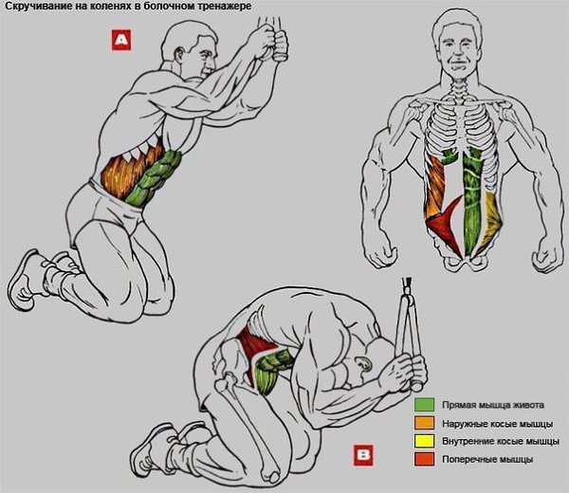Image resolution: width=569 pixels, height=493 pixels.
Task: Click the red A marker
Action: pos(121,40)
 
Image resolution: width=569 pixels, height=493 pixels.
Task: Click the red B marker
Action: pos(363,455)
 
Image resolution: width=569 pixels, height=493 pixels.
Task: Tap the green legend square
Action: pos(424,405)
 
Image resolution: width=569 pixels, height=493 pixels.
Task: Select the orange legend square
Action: pos(424,423)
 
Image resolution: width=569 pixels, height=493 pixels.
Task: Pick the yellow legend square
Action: pos(424,441)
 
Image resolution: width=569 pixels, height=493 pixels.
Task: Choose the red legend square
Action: pos(424,459)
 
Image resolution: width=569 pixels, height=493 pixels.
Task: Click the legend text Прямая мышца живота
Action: pos(493,405)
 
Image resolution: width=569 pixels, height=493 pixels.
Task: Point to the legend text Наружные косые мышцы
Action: pos(497,424)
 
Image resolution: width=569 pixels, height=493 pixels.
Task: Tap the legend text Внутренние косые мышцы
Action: pos(500,442)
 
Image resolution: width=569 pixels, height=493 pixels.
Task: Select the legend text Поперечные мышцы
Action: pos(487,460)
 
